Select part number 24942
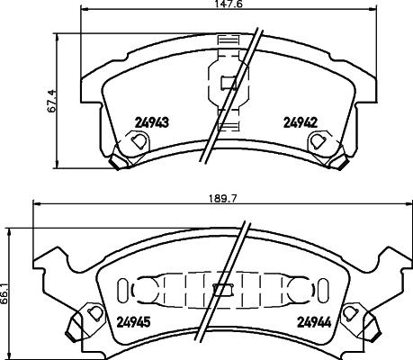pyautogui.click(x=301, y=124)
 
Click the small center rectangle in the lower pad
pyautogui.click(x=222, y=291)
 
